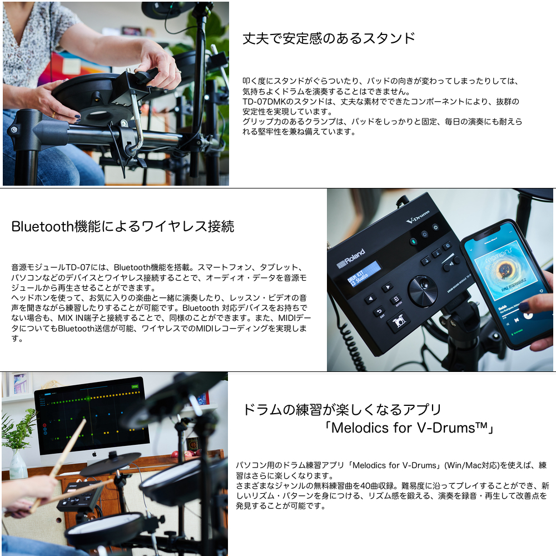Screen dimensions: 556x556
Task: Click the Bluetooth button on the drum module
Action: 413,241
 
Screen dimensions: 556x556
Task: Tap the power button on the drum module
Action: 435,227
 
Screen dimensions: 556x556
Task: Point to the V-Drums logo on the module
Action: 418,217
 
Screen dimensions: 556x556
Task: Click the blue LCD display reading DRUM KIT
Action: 364,274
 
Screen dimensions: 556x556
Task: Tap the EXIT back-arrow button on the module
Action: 379,311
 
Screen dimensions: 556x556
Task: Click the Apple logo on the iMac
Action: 94,454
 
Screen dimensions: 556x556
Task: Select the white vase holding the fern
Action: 18,465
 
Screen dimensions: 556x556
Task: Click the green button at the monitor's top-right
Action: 135,386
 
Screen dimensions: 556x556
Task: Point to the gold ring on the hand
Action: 53,115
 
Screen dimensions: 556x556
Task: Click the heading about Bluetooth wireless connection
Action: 123,226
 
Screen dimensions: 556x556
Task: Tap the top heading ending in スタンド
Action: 329,38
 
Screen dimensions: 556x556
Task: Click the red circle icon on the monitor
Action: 44,425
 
